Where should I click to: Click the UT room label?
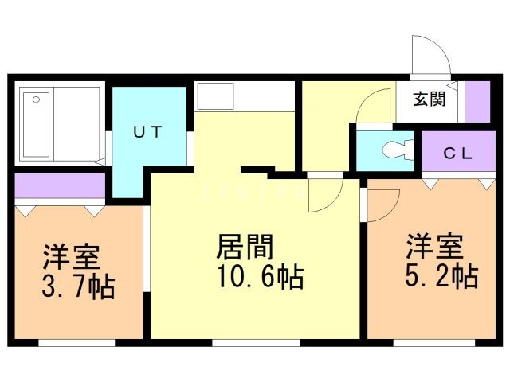[x=147, y=131]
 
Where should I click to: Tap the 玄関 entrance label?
[x=430, y=99]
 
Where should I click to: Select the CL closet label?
[x=458, y=154]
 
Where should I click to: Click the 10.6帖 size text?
[x=261, y=277]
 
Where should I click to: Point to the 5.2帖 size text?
[x=441, y=276]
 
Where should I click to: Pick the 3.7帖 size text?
[x=78, y=286]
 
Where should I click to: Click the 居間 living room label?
[x=245, y=247]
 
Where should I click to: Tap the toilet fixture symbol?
[x=398, y=150]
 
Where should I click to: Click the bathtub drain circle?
[x=36, y=99]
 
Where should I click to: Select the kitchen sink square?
[x=216, y=96]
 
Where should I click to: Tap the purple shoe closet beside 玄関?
[x=477, y=102]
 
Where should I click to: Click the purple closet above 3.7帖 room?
[x=61, y=185]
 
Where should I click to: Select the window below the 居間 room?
[x=256, y=343]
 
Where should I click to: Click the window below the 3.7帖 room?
[x=76, y=343]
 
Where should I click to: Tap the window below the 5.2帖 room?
[x=434, y=343]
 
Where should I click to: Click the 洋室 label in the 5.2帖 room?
[x=434, y=247]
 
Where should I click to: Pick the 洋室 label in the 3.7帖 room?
[x=71, y=256]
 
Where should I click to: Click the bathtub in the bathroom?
[x=37, y=125]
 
